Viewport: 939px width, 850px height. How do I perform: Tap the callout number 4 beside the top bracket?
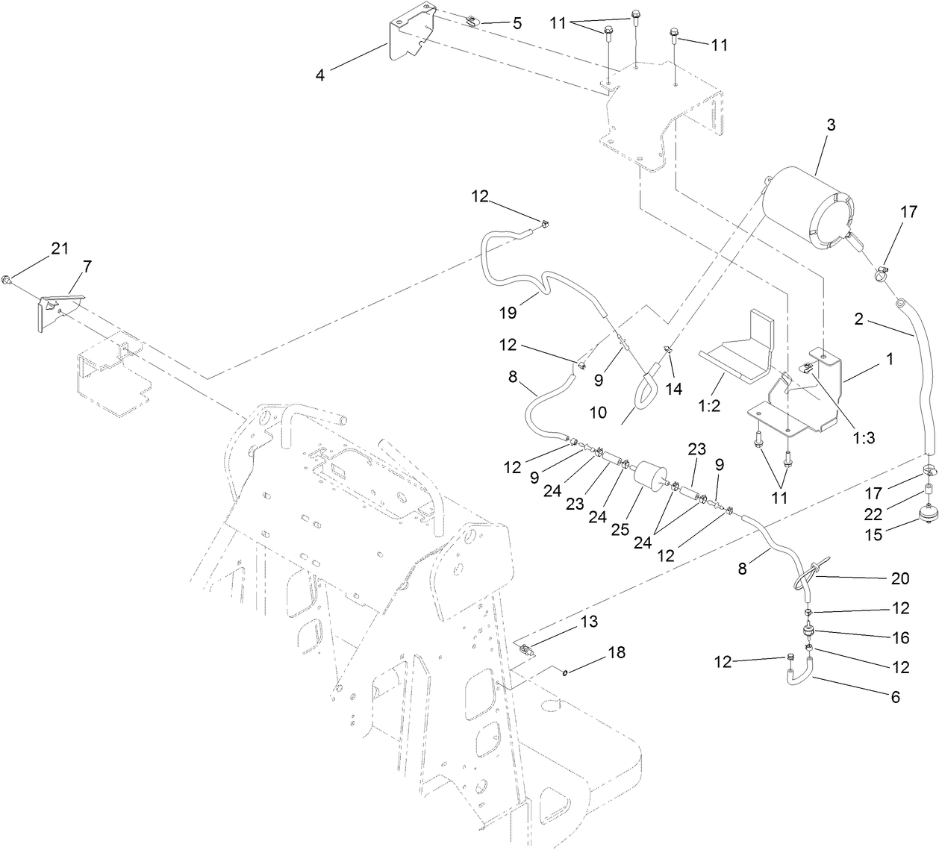click(x=319, y=75)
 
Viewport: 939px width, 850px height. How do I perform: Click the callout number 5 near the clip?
click(x=517, y=23)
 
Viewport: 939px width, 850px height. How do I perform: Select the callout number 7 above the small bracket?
click(x=87, y=266)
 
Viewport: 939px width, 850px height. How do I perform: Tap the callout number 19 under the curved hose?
click(x=508, y=313)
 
